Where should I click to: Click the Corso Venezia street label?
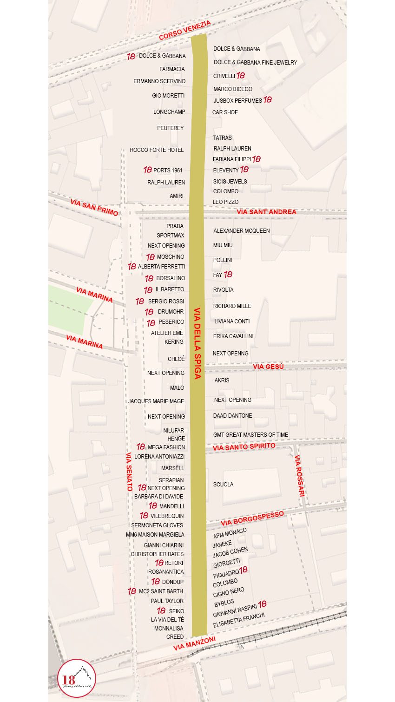click(x=184, y=30)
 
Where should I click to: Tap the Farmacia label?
click(x=172, y=69)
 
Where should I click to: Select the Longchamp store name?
click(x=169, y=112)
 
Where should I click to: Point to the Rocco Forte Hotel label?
click(x=157, y=150)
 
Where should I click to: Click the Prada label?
click(x=175, y=226)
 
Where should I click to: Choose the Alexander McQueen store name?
click(x=241, y=231)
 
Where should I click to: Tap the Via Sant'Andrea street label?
click(x=266, y=212)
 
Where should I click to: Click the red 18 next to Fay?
click(x=228, y=275)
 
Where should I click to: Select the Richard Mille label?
click(x=232, y=306)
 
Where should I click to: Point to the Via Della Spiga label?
click(x=197, y=343)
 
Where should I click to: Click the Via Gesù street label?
click(x=268, y=367)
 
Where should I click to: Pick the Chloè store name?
click(x=176, y=359)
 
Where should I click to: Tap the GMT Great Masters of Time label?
click(x=250, y=435)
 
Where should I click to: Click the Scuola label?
click(x=223, y=485)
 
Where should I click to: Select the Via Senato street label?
click(x=129, y=472)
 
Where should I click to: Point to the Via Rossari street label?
click(x=300, y=476)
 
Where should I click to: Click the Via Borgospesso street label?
click(x=252, y=518)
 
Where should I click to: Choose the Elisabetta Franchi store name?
click(x=239, y=620)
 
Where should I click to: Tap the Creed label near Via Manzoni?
click(x=175, y=637)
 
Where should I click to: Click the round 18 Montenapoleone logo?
click(x=77, y=678)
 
